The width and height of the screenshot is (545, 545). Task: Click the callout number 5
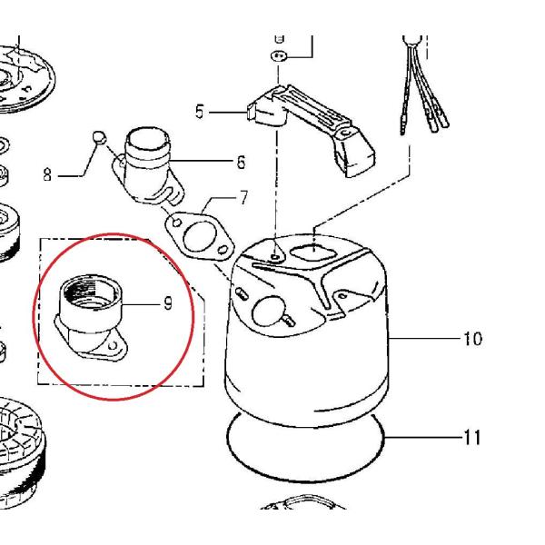(200, 112)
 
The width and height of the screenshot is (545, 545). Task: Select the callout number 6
(241, 163)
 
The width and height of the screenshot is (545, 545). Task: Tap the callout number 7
(244, 198)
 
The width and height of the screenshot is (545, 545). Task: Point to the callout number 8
(47, 174)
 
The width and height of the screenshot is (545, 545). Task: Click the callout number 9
(168, 303)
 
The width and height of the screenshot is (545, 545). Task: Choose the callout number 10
(472, 339)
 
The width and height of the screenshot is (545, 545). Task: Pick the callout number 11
(472, 437)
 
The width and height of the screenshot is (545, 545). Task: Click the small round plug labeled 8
(99, 136)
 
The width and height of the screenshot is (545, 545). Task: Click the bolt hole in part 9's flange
(113, 346)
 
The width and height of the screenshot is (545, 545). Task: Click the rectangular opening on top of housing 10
(313, 252)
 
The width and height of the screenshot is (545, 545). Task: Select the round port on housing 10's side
(268, 311)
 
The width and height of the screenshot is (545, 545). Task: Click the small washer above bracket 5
(279, 55)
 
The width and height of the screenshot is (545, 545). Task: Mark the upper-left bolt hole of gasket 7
(176, 222)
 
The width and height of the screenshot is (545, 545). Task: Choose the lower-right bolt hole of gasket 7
(223, 249)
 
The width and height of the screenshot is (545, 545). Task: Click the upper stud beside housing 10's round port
(242, 293)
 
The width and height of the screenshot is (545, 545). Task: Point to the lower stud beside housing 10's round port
(289, 322)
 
